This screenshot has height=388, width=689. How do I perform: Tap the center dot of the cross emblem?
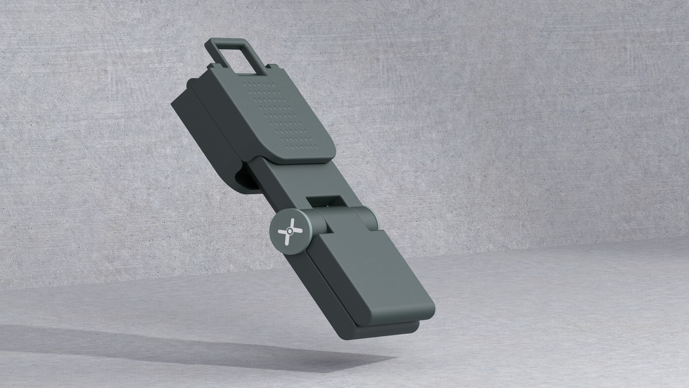coord(290,231)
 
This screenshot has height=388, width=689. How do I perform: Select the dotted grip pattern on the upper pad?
coord(281,115)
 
